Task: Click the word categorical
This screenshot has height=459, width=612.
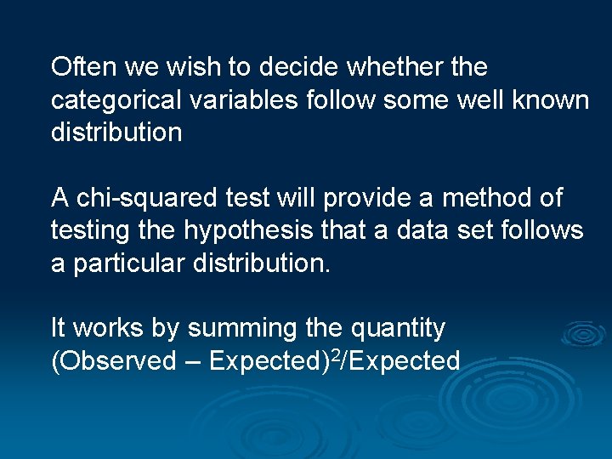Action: tap(116, 100)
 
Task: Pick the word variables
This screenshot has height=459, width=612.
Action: tap(244, 99)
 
